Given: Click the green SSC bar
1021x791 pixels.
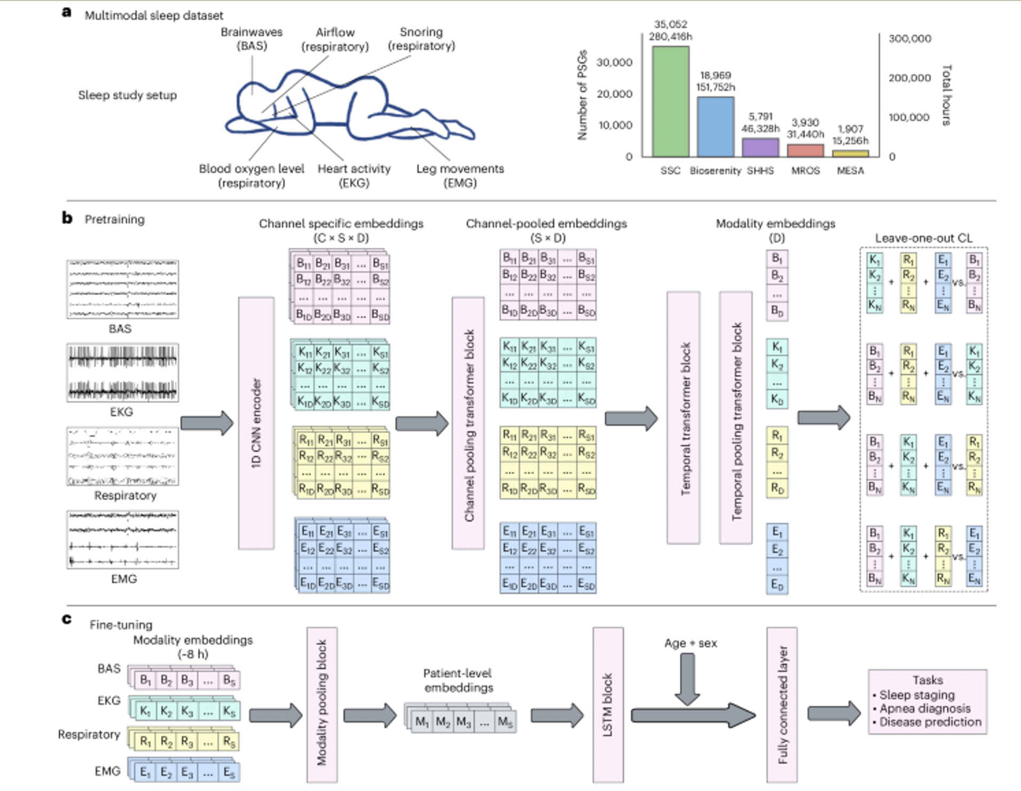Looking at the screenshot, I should [670, 101].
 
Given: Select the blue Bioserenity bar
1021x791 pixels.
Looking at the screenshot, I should [715, 126].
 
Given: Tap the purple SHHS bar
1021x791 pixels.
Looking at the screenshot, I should [760, 147].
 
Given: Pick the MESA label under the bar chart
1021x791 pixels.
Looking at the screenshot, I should [850, 171].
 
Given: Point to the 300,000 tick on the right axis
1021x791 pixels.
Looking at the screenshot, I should [909, 38].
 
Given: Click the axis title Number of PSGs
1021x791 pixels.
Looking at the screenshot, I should [582, 95].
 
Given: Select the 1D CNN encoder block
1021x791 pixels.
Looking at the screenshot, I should [256, 423].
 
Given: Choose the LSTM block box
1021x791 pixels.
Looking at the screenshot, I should [608, 705].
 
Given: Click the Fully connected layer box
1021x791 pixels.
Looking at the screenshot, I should [782, 705].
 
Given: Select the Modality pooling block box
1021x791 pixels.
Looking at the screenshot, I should [321, 705].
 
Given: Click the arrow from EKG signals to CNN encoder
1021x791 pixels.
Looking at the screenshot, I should [207, 423].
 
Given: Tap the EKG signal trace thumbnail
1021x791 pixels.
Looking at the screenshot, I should [122, 373].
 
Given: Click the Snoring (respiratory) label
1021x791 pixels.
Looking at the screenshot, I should [421, 39].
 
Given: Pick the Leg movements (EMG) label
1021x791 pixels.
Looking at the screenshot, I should [460, 176].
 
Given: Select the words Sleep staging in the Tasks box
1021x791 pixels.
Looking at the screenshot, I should [916, 695].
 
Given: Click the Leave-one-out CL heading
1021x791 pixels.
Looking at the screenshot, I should [923, 238].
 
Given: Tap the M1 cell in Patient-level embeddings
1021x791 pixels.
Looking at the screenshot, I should [422, 722].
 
